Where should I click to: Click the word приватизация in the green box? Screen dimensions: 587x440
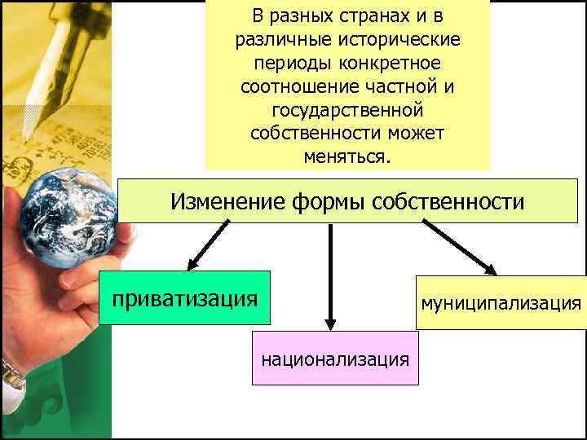(184, 298)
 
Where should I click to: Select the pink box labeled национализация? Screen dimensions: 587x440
(335, 358)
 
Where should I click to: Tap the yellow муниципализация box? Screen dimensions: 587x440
(501, 303)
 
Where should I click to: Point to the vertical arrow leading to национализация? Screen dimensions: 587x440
(330, 277)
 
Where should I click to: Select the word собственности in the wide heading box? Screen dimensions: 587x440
(448, 201)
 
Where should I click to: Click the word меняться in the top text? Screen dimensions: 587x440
(346, 155)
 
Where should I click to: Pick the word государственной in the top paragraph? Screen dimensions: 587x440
(347, 108)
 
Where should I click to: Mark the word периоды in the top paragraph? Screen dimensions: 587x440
(286, 62)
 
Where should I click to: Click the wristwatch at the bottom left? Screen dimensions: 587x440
(11, 376)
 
